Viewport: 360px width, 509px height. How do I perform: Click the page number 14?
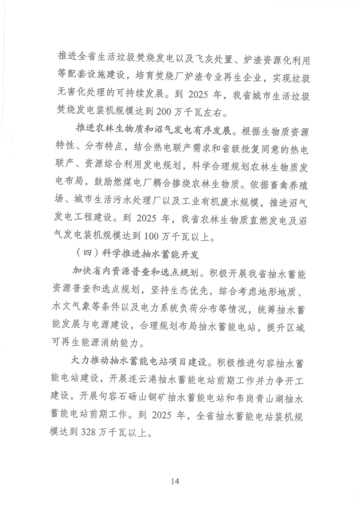tap(175, 481)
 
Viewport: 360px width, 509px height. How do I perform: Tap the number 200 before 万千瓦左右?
tap(164, 112)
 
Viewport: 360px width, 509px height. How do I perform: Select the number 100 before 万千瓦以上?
tap(152, 237)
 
